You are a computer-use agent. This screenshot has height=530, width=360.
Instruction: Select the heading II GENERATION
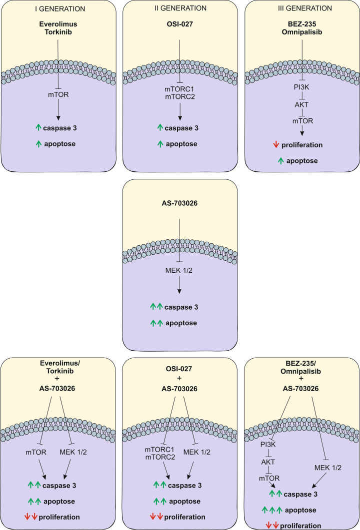(179, 8)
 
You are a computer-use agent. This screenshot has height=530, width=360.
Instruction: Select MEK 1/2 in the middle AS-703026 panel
(179, 273)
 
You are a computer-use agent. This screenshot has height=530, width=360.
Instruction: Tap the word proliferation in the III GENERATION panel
(304, 145)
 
